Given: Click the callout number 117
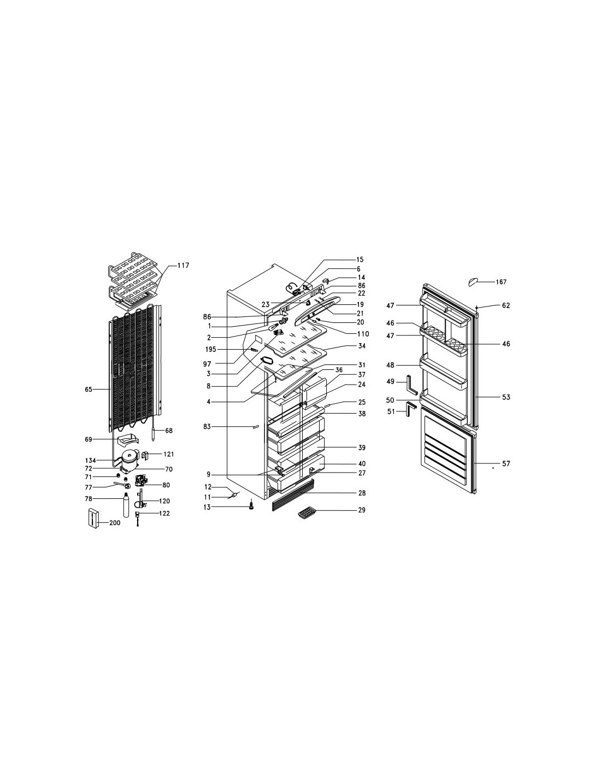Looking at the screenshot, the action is [x=183, y=266].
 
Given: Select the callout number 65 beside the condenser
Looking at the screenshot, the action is [x=89, y=389].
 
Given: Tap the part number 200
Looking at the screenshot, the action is [x=114, y=523].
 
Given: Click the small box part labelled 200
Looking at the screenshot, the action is [x=93, y=517].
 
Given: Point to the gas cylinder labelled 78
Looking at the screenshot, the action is [x=126, y=504].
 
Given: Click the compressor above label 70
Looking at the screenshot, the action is [x=129, y=460].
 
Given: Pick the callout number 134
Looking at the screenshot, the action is [x=91, y=460].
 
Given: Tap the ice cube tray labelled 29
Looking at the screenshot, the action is [x=305, y=514].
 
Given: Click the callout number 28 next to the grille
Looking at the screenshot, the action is [x=362, y=493].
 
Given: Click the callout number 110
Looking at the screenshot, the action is [x=363, y=334].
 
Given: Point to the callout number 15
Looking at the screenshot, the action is [x=360, y=259].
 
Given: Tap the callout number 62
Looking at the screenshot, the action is [x=506, y=305].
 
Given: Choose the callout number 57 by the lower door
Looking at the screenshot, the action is [x=506, y=464].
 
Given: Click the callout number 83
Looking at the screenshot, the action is [x=208, y=426].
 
